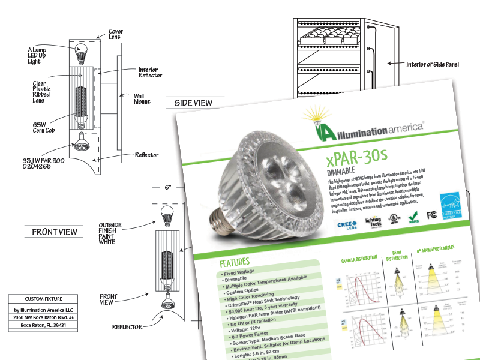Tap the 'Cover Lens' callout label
(x=116, y=33)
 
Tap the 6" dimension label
(x=169, y=187)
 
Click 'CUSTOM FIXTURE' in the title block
(x=43, y=299)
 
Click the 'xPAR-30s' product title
(x=362, y=159)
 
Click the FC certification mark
(x=430, y=214)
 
